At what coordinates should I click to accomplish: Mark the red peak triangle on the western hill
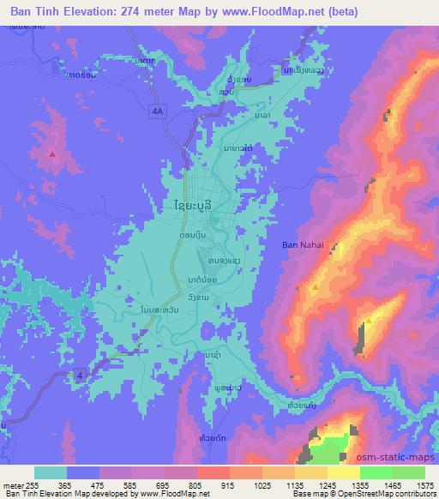pyautogui.click(x=53, y=154)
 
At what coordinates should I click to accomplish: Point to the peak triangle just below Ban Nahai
pyautogui.click(x=316, y=287)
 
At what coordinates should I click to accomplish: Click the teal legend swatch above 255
pyautogui.click(x=51, y=472)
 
